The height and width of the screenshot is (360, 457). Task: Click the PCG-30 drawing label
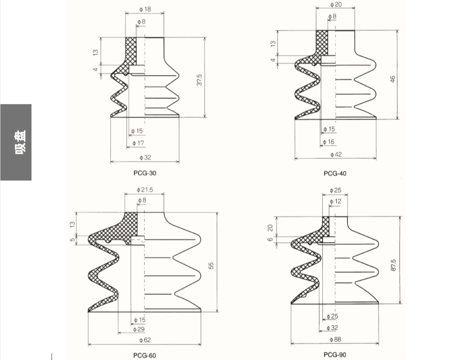(x=145, y=173)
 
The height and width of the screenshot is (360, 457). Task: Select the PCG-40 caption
(x=335, y=174)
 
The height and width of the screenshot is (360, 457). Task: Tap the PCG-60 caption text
(x=144, y=355)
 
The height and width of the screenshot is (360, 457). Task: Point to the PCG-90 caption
(x=335, y=355)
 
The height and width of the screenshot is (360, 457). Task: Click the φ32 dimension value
(x=145, y=158)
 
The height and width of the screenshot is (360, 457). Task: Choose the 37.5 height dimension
(x=199, y=80)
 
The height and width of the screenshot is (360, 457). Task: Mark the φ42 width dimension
(x=336, y=154)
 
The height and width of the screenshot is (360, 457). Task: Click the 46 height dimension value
(x=392, y=79)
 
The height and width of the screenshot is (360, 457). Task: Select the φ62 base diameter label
(x=145, y=340)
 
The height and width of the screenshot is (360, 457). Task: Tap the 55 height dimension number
(x=211, y=265)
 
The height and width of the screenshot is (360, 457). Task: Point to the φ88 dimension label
(x=335, y=339)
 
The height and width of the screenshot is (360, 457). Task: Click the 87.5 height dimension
(x=393, y=265)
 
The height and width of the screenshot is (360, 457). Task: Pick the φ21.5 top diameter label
(x=145, y=189)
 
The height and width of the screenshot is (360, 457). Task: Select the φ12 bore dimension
(x=335, y=201)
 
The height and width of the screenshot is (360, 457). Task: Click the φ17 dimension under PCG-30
(x=138, y=143)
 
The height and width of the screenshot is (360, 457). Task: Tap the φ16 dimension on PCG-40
(x=328, y=142)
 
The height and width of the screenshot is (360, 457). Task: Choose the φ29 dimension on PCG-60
(x=139, y=329)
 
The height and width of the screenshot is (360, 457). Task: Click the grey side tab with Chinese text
(x=16, y=142)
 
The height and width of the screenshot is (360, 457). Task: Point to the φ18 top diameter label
(x=145, y=9)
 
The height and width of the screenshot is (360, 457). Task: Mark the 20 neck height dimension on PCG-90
(x=270, y=228)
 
